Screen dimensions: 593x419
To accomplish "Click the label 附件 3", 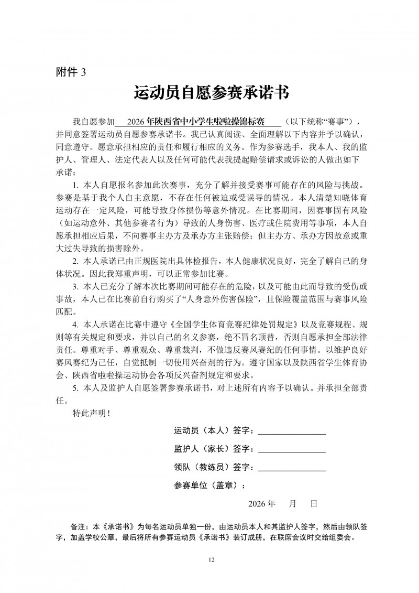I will [70, 72].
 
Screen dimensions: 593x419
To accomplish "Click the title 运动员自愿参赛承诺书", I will [212, 94].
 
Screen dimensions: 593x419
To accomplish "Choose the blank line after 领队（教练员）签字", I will [292, 468].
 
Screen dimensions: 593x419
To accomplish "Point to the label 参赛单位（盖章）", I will [209, 485].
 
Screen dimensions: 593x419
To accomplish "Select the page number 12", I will [211, 560].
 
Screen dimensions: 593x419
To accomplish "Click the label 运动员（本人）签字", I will [214, 432].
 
